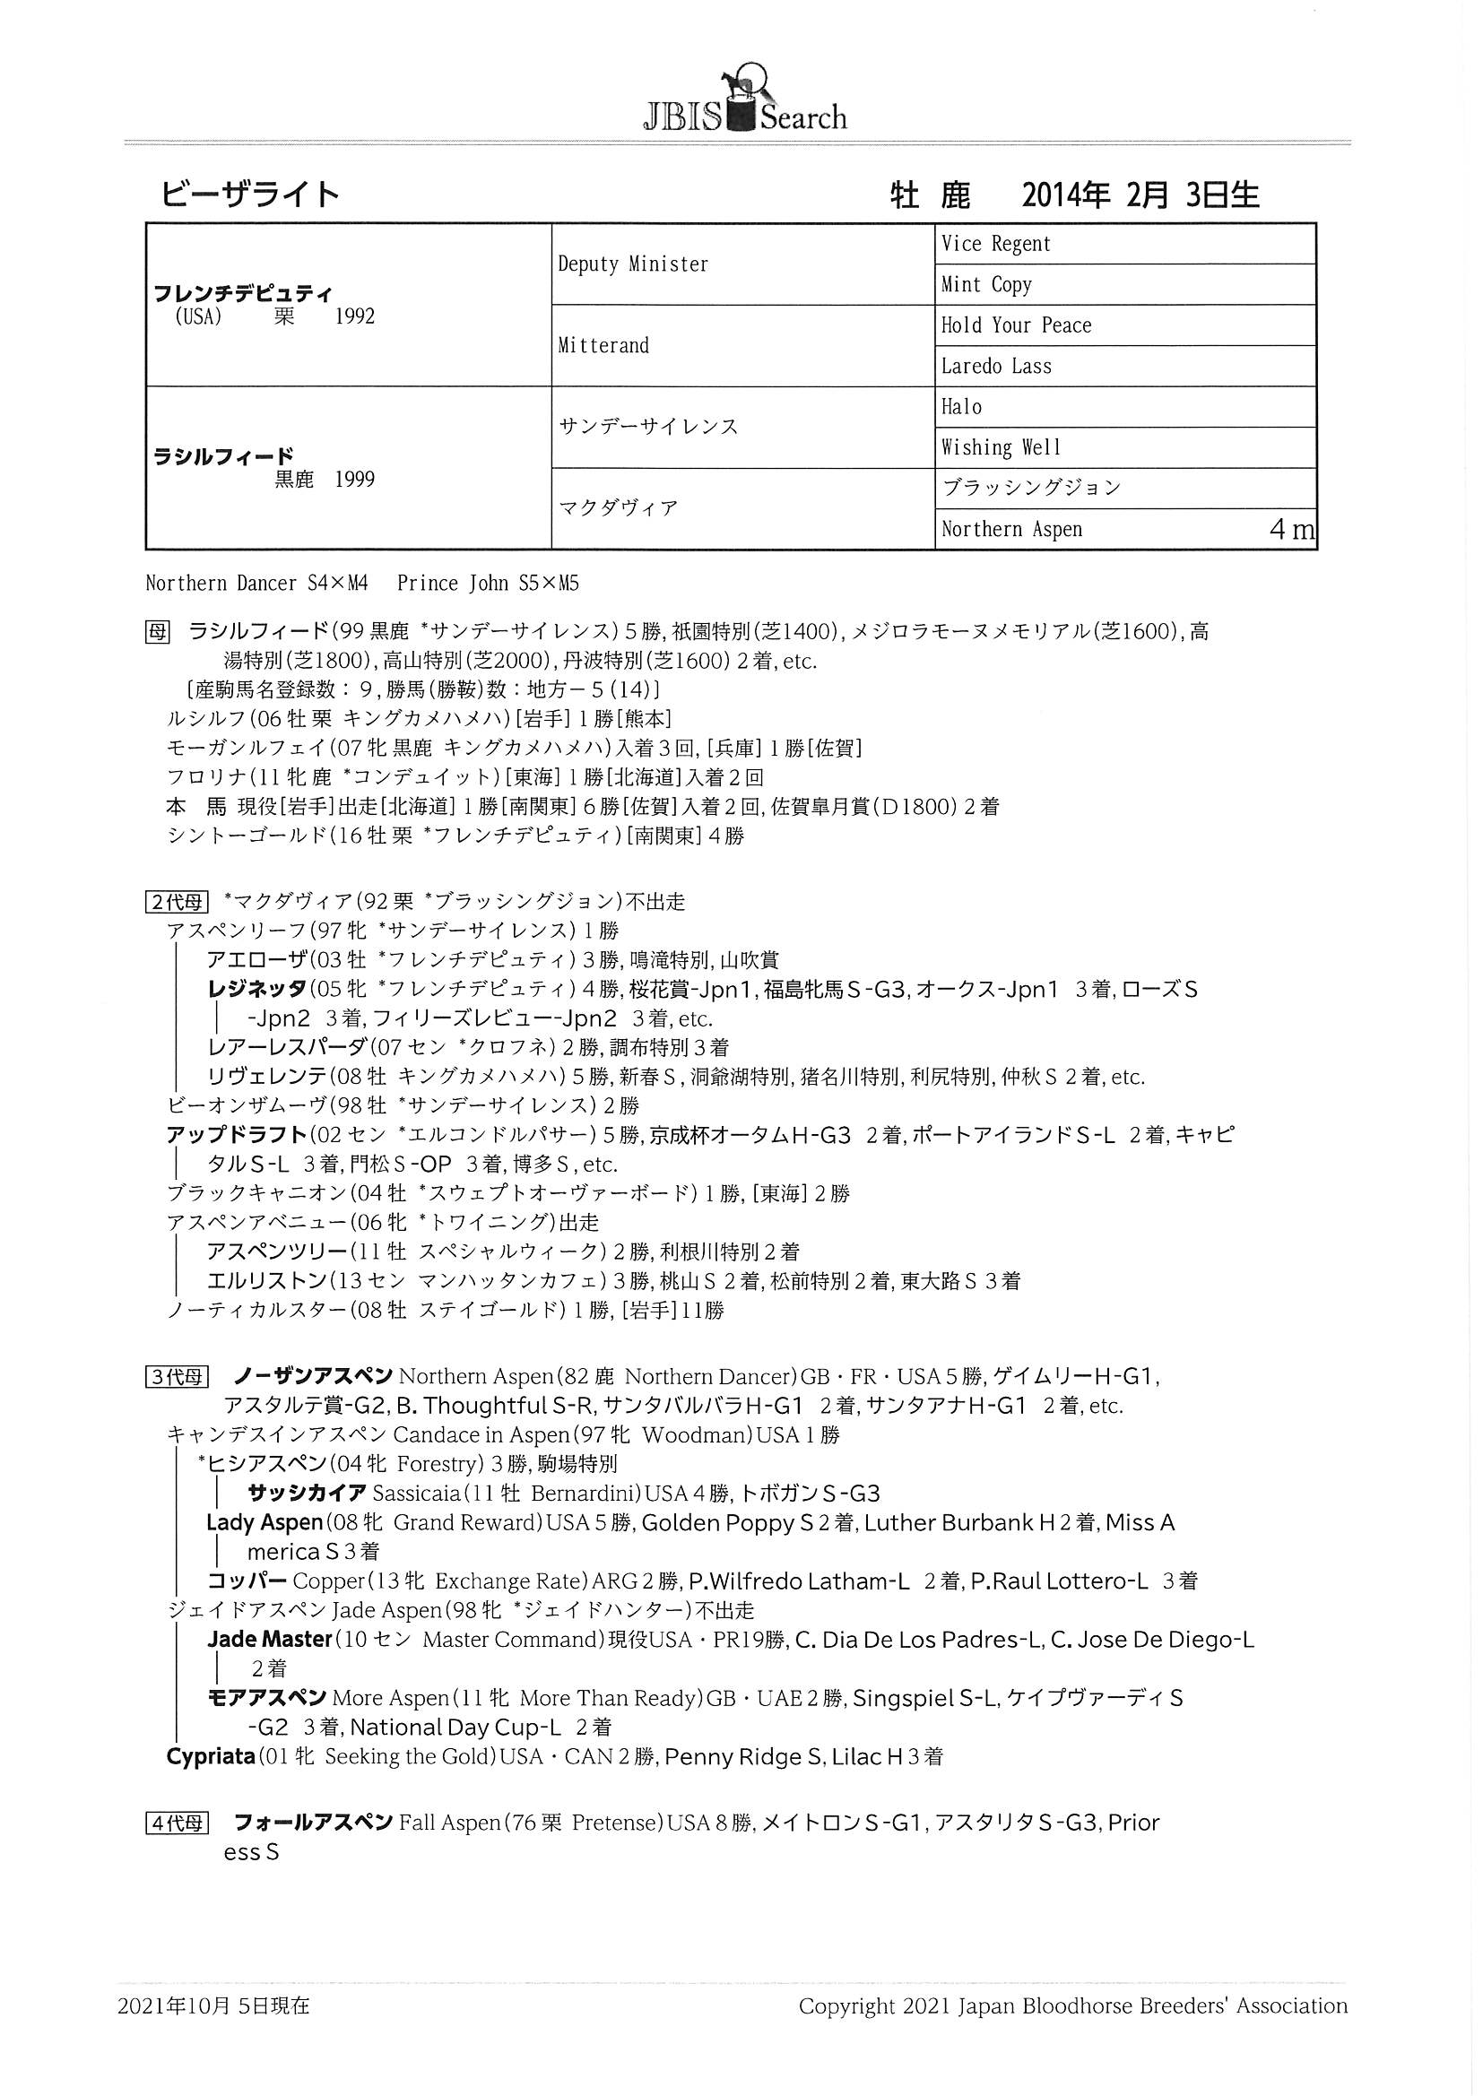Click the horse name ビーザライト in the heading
[250, 195]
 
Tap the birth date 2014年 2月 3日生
[1140, 195]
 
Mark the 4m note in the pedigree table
[1291, 531]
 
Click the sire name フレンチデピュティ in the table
[243, 294]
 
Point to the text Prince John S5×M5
[488, 584]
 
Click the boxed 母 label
[157, 632]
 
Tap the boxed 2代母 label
[178, 902]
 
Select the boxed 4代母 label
[178, 1823]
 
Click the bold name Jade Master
[268, 1639]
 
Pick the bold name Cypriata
[210, 1756]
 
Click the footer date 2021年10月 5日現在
[213, 2005]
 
